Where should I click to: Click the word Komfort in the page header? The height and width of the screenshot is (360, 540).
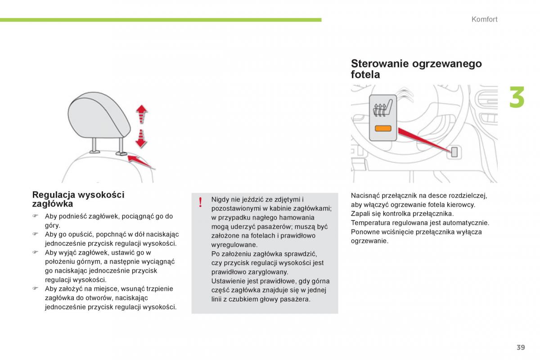[x=484, y=19]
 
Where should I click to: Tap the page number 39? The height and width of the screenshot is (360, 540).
[x=521, y=347]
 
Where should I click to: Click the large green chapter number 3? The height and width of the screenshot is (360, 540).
[x=517, y=97]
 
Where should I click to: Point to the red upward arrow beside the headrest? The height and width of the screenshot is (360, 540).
[x=141, y=114]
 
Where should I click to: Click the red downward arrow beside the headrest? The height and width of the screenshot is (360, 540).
[x=141, y=139]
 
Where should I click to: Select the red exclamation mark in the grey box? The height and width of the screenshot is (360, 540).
[x=200, y=202]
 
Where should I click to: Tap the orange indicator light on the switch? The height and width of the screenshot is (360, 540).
[x=383, y=129]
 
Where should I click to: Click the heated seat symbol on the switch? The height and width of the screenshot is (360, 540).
[x=383, y=108]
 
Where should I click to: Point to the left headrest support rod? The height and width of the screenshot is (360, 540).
[x=94, y=145]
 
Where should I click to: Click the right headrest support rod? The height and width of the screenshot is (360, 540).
[x=121, y=146]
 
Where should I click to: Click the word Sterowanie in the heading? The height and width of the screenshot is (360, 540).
[x=380, y=63]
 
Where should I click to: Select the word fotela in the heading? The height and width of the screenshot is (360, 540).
[x=365, y=75]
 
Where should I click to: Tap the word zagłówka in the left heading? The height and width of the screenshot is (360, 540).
[x=53, y=204]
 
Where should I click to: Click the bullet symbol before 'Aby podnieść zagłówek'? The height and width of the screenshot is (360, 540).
[x=36, y=216]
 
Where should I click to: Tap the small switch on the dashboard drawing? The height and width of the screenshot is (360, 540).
[x=454, y=152]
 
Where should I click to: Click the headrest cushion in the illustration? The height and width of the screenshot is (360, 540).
[x=99, y=115]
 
